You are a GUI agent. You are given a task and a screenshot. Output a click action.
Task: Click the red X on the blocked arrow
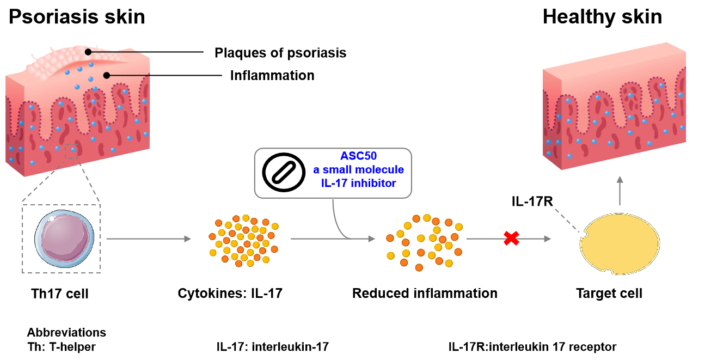pos(511,238)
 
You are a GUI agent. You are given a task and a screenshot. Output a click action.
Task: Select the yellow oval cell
pos(620,243)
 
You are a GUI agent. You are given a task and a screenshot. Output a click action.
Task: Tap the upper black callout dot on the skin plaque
pos(88,52)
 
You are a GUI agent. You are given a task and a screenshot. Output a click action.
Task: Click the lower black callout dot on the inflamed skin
pos(107,75)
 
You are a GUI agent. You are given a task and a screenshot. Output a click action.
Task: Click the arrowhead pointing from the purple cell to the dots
pos(188,239)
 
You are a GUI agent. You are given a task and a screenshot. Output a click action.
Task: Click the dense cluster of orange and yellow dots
pos(243,240)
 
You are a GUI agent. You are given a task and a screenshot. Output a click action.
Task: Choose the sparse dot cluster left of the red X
pos(424,241)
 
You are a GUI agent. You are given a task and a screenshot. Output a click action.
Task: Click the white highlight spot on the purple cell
pos(51,219)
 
